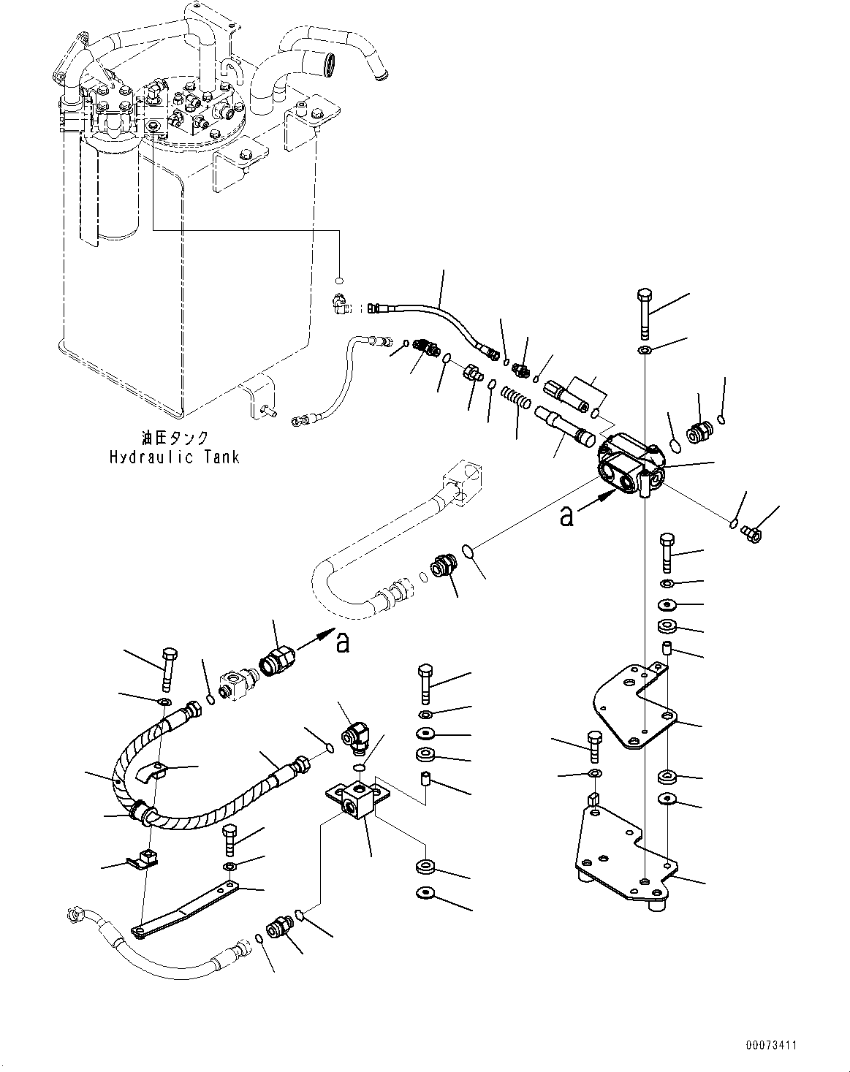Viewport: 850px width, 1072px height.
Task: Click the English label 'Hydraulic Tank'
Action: click(x=174, y=457)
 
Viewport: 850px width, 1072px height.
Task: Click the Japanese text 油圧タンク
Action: click(x=175, y=438)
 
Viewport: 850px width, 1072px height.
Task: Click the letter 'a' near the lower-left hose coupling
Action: click(x=342, y=643)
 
